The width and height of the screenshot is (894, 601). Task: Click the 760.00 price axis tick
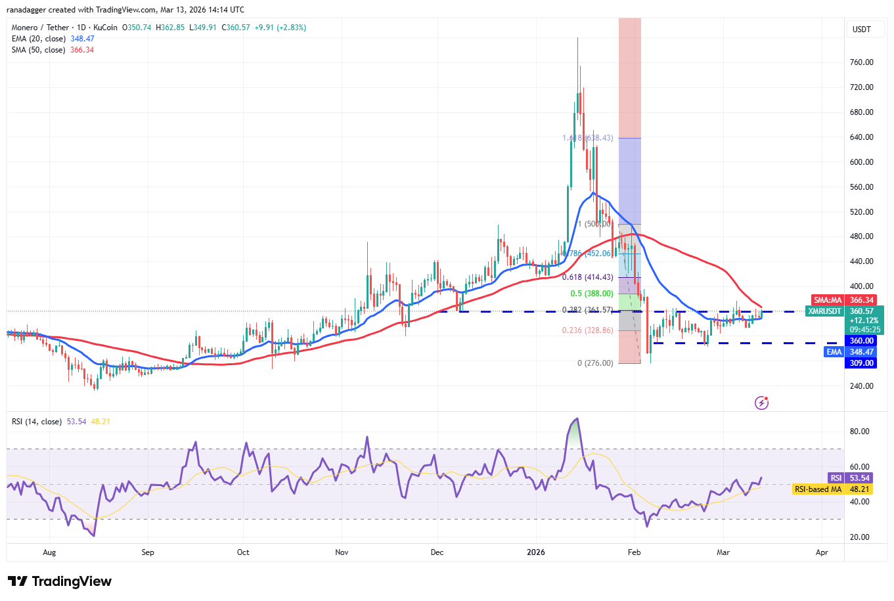861,62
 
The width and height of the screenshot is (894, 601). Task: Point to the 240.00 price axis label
861,386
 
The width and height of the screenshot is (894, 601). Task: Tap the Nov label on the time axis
342,552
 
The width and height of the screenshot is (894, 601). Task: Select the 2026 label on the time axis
536,552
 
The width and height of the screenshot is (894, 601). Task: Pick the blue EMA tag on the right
834,352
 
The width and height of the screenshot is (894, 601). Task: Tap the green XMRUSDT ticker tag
824,311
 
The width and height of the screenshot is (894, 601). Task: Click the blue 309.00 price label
861,363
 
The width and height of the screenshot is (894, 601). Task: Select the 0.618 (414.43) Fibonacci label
587,278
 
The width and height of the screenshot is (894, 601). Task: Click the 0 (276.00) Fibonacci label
595,363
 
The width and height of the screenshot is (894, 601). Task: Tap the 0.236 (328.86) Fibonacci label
587,330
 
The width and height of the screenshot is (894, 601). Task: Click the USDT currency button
861,30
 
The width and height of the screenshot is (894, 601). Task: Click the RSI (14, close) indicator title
37,422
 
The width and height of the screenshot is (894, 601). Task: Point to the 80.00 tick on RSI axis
860,432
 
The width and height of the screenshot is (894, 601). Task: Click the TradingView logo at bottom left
60,581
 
